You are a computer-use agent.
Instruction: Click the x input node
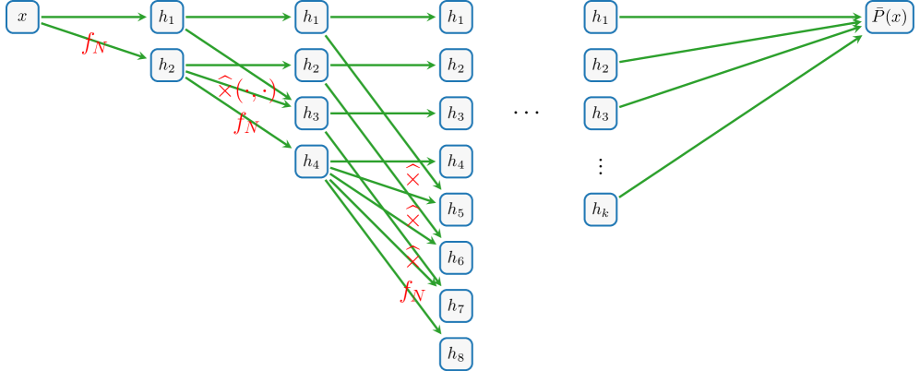[23, 18]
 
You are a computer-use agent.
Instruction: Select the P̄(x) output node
[887, 18]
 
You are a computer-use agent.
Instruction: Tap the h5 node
[456, 209]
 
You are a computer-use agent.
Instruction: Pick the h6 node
[456, 257]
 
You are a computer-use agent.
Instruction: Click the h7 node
[456, 305]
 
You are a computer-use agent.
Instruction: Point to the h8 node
[456, 353]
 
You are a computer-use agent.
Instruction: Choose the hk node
[600, 209]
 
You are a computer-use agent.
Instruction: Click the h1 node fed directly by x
[167, 18]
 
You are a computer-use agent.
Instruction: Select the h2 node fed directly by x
[167, 66]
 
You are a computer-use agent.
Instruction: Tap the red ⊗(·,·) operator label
[246, 90]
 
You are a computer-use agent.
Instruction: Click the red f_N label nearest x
[94, 43]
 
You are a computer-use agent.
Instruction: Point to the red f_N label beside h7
[412, 293]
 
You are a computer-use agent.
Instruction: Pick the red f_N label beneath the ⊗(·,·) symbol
[246, 123]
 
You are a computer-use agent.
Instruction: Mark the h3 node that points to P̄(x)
[600, 114]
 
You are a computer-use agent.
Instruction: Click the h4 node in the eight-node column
[456, 162]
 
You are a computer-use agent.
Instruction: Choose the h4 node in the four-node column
[312, 162]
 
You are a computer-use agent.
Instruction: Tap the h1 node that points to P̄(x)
[600, 18]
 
